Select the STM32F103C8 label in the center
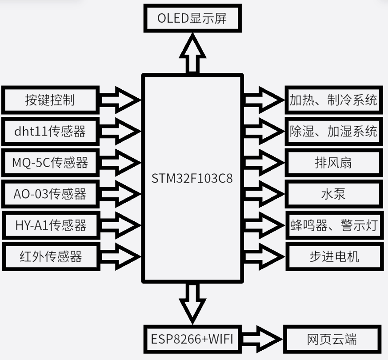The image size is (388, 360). (x=192, y=179)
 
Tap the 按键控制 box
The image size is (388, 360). (x=50, y=100)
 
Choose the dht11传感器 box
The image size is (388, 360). (x=50, y=131)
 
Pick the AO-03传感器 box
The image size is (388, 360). (x=50, y=194)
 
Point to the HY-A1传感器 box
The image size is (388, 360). (x=50, y=225)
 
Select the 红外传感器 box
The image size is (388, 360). (x=50, y=256)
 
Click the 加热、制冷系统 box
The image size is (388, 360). (x=333, y=100)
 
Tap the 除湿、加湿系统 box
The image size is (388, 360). (x=333, y=131)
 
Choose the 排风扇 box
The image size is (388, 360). (x=333, y=163)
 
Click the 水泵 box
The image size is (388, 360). (x=333, y=194)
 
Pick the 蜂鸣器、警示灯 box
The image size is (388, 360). (x=333, y=225)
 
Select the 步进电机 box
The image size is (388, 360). (x=333, y=256)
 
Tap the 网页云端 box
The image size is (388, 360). (x=332, y=340)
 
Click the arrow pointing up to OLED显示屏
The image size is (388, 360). (x=192, y=53)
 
